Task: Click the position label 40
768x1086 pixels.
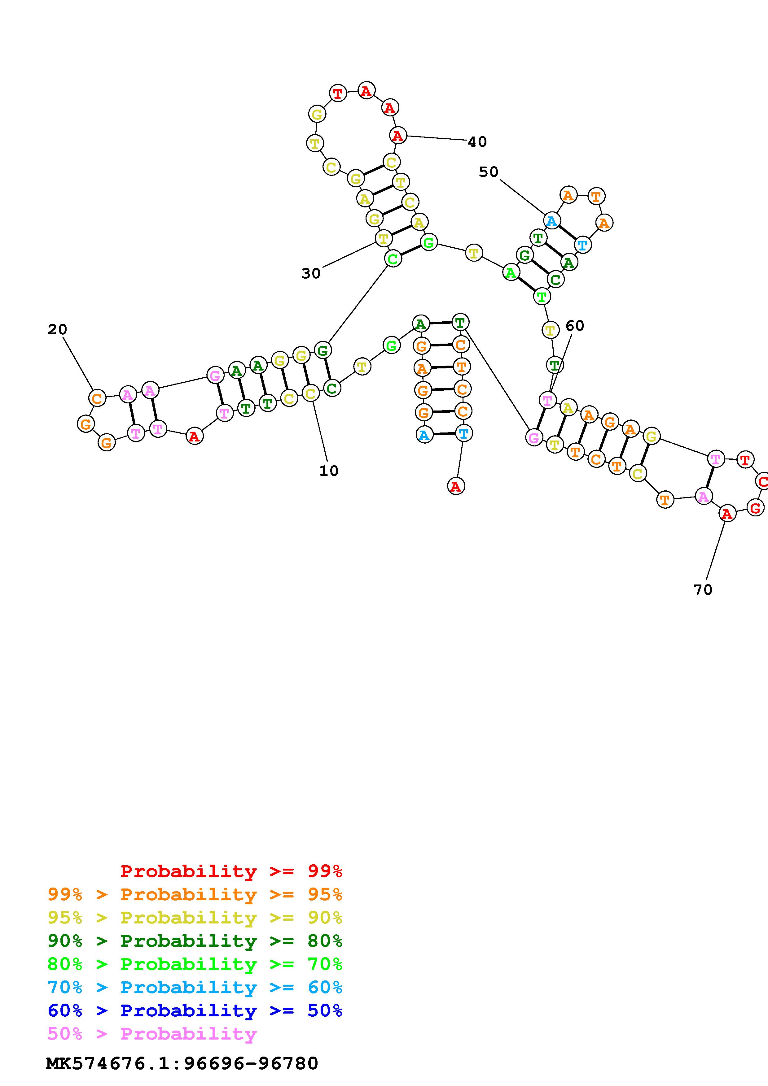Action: tap(477, 141)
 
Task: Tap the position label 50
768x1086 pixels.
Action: tap(488, 172)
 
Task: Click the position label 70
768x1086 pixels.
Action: tap(703, 589)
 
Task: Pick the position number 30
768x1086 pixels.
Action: tap(311, 273)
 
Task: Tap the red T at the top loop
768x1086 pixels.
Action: tap(337, 93)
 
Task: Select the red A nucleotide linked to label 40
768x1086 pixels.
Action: tap(397, 136)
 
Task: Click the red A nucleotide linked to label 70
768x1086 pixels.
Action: tap(727, 513)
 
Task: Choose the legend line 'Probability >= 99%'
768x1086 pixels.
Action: tap(231, 871)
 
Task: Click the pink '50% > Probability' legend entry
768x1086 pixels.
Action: tap(152, 1033)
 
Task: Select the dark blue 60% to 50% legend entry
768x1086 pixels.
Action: tap(195, 1010)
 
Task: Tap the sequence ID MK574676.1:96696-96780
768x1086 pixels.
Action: tap(182, 1063)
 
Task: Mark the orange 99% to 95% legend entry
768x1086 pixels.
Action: tap(195, 894)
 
